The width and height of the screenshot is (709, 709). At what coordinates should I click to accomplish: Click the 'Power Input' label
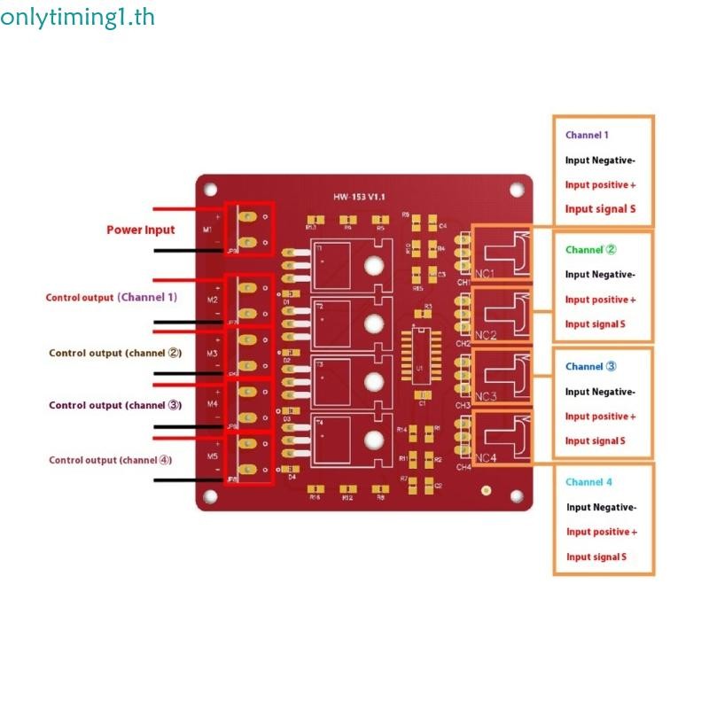[x=141, y=230]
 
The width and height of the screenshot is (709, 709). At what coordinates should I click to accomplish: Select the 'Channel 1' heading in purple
[x=587, y=136]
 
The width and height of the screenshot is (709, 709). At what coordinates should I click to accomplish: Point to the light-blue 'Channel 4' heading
[x=588, y=482]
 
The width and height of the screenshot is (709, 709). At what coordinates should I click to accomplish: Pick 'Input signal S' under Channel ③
[x=596, y=440]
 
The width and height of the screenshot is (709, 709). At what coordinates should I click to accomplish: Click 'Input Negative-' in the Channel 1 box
[x=600, y=160]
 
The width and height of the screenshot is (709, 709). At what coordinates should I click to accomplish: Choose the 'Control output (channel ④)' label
[x=111, y=460]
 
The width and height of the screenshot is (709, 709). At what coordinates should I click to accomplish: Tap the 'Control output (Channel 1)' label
[x=112, y=298]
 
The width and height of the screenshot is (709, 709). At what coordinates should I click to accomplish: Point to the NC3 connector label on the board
[x=485, y=396]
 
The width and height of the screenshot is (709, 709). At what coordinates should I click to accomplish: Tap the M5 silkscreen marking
[x=212, y=456]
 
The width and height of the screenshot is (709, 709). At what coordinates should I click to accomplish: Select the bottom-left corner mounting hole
[x=211, y=495]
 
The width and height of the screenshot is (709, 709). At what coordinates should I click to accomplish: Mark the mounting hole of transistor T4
[x=373, y=437]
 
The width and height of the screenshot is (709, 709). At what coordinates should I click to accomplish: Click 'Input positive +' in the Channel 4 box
[x=602, y=532]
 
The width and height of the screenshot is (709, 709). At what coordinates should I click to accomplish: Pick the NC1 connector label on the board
[x=485, y=273]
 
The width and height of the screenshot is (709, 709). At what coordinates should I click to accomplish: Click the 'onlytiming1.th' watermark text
[x=66, y=17]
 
